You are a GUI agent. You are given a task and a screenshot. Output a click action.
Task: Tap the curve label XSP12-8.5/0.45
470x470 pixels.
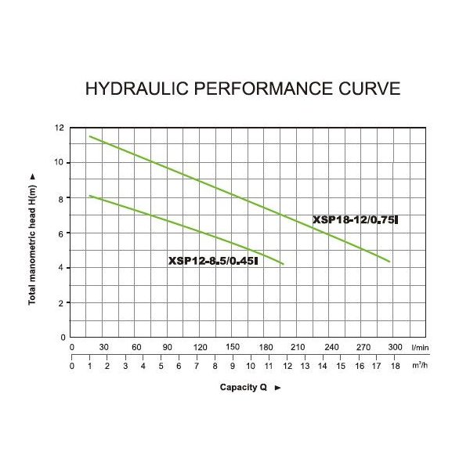click(213, 262)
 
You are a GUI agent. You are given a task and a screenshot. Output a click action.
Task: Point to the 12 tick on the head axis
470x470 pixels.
click(60, 128)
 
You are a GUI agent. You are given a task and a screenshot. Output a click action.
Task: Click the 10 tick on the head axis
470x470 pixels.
click(60, 163)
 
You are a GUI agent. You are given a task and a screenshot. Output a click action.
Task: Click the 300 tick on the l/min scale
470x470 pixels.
click(395, 346)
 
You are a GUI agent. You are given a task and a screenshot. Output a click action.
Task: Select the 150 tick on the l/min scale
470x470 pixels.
click(233, 346)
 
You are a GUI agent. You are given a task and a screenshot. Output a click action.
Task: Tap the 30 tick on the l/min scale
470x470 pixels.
click(103, 346)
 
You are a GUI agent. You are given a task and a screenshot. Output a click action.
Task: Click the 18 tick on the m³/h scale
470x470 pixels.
click(395, 365)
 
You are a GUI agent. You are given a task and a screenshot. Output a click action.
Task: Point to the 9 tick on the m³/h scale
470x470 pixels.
click(233, 365)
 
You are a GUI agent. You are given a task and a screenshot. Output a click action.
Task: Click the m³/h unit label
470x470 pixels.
click(420, 365)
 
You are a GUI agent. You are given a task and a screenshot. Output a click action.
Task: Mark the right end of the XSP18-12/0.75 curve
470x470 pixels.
click(389, 262)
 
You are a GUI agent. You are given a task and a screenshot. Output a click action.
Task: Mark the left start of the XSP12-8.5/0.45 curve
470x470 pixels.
click(90, 196)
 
